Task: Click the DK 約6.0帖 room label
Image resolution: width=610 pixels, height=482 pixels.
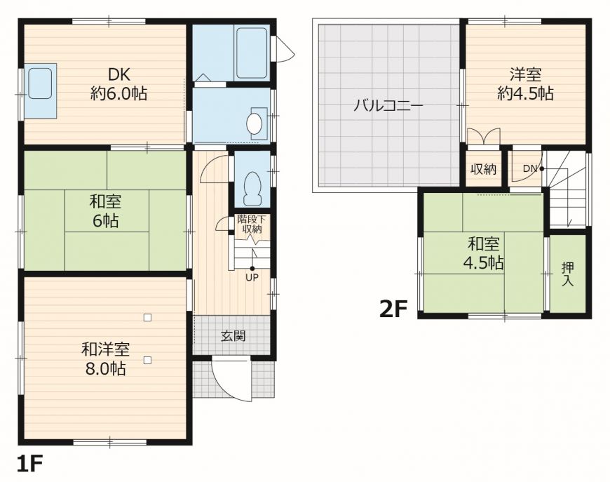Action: click(118, 83)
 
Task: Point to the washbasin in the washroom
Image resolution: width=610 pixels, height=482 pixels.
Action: click(255, 123)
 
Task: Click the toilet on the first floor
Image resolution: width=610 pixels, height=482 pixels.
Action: click(253, 189)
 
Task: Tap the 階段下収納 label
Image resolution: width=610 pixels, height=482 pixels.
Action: click(252, 224)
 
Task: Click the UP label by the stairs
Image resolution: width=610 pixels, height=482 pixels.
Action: click(252, 277)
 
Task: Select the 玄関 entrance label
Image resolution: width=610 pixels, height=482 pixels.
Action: click(233, 336)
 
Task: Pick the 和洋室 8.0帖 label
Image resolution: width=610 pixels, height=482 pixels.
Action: click(105, 359)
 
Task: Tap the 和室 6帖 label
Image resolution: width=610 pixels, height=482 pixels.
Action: click(105, 211)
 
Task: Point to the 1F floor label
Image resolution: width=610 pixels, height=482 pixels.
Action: click(29, 463)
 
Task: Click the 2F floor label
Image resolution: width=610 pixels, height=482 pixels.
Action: click(393, 309)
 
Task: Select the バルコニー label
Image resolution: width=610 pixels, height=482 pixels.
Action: click(388, 106)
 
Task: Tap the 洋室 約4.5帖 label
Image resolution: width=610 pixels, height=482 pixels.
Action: click(526, 83)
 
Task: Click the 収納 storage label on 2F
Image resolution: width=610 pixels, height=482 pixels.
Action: click(483, 169)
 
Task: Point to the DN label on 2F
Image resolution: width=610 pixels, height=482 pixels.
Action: click(529, 169)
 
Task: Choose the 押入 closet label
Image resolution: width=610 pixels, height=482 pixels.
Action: click(568, 274)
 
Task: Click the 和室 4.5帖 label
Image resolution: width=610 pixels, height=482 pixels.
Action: click(483, 254)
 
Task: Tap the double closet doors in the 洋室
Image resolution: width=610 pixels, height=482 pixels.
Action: click(484, 137)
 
